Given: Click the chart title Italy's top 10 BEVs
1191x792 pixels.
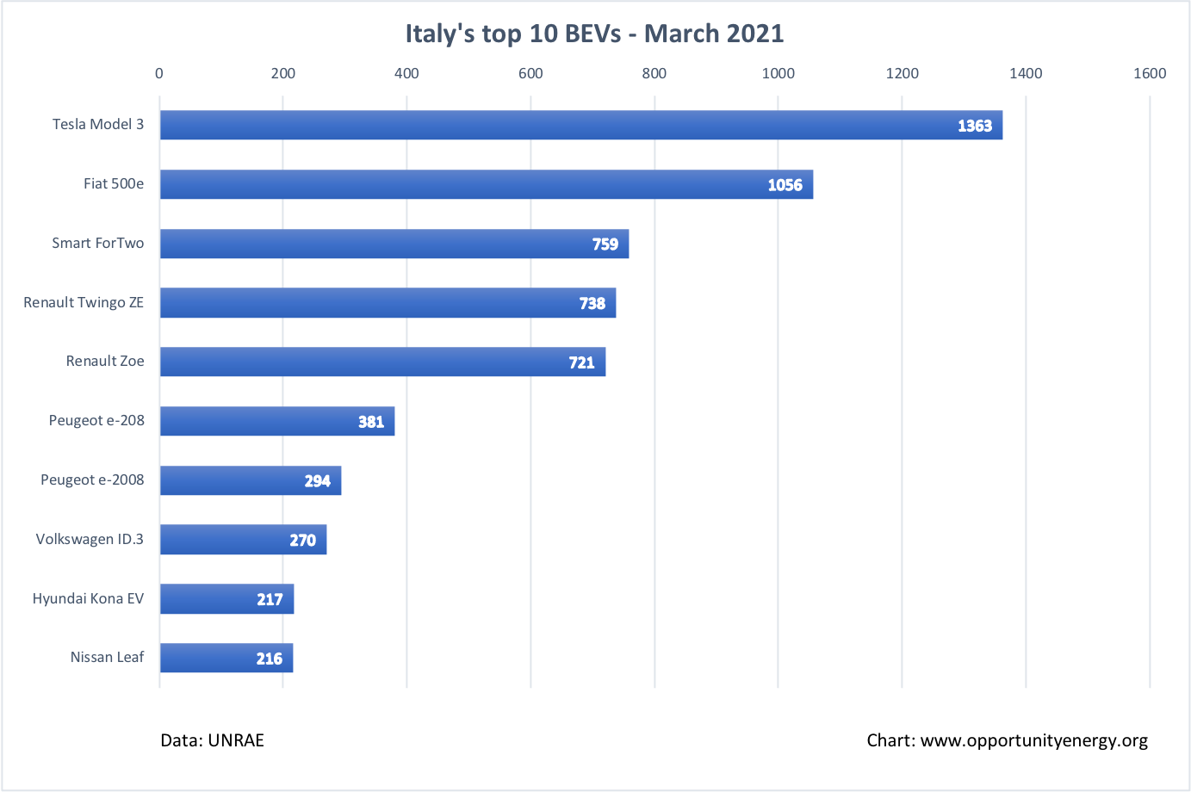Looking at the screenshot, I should [594, 34].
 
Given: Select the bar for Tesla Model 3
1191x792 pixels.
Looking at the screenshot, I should [580, 125].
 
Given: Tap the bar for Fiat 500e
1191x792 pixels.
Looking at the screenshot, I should [486, 184].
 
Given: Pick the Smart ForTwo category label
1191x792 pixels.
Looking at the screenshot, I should [97, 243].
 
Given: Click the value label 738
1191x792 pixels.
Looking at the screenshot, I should [592, 303].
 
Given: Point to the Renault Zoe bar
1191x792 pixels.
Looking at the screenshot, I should [382, 362].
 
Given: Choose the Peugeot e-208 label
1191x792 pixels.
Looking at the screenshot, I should [96, 420].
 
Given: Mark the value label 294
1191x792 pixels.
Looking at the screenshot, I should [318, 481].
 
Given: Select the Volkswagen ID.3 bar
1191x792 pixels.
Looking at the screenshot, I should [243, 540].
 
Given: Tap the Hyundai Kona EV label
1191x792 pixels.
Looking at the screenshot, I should [88, 598].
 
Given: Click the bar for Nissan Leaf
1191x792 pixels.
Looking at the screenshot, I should [226, 658].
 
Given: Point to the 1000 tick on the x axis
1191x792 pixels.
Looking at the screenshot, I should [778, 73].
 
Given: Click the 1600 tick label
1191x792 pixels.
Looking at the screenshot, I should [1150, 73].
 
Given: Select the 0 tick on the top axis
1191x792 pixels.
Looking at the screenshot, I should [159, 73].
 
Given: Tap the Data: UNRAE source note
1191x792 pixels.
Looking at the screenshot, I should [212, 740].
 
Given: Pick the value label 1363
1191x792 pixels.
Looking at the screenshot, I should [975, 126].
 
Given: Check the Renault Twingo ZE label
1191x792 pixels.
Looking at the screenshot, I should [84, 302].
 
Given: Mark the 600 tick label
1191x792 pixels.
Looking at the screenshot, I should [530, 73].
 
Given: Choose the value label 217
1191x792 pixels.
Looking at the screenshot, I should [270, 600].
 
